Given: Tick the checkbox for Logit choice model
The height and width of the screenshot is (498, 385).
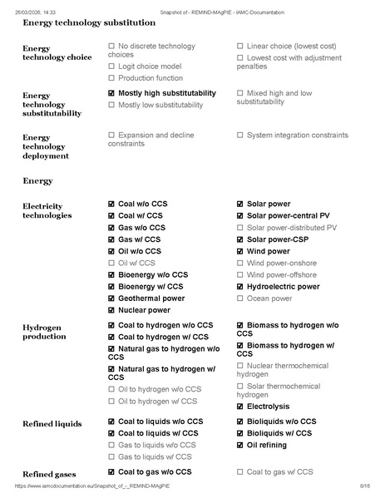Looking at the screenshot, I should tap(111, 66).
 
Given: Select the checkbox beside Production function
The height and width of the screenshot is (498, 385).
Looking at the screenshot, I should tap(111, 77).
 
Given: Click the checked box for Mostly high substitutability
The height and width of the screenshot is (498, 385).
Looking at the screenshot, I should tap(111, 93).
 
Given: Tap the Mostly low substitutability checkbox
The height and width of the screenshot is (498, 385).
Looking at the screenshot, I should tap(111, 106).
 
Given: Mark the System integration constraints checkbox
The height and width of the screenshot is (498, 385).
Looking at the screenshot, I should tap(240, 135).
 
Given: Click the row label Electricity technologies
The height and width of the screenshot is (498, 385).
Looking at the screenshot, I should tap(47, 210).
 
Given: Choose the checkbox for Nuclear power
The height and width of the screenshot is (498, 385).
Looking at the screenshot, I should tap(111, 310).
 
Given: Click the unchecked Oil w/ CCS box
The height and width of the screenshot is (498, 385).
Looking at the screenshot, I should tap(111, 263).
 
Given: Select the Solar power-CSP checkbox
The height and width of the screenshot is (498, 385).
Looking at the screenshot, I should tap(240, 239).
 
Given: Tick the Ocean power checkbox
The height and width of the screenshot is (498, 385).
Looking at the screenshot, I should tap(240, 298).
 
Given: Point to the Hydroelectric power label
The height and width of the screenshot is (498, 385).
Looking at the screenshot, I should tap(283, 287).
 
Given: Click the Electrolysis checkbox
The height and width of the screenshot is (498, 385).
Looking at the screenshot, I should tap(240, 407).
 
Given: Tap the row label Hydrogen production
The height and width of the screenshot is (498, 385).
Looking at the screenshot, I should tap(44, 333).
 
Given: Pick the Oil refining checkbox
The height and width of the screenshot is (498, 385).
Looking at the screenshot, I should tap(240, 445).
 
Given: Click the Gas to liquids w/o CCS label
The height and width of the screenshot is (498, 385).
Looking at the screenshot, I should tap(156, 445).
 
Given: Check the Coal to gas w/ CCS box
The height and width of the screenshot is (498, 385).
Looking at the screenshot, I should tap(240, 471).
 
